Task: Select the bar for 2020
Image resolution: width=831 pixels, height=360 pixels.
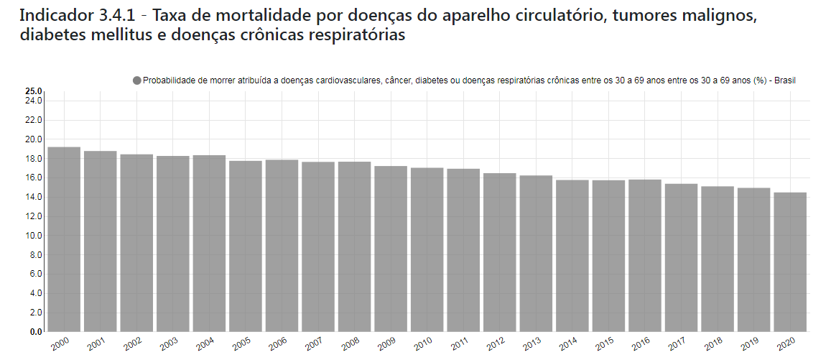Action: click(790, 262)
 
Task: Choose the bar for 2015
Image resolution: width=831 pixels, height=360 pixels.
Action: click(608, 256)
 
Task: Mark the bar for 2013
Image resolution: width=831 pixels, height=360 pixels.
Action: click(536, 254)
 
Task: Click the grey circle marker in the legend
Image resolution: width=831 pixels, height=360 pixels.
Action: click(137, 80)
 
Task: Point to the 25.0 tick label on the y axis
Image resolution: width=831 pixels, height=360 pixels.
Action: click(34, 91)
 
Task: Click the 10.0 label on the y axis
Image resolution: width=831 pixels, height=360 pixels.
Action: click(34, 236)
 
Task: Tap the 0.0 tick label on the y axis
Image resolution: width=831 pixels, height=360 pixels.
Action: click(36, 332)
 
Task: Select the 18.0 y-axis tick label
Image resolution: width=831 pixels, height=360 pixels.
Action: click(34, 158)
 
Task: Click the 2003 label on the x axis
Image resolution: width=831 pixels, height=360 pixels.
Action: click(168, 345)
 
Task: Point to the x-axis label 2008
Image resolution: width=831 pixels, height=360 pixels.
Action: click(350, 345)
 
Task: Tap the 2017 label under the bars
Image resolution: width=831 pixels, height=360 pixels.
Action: click(677, 345)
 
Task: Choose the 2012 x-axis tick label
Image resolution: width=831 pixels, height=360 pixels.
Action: click(495, 345)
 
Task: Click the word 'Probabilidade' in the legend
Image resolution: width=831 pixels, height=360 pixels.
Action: click(170, 80)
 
